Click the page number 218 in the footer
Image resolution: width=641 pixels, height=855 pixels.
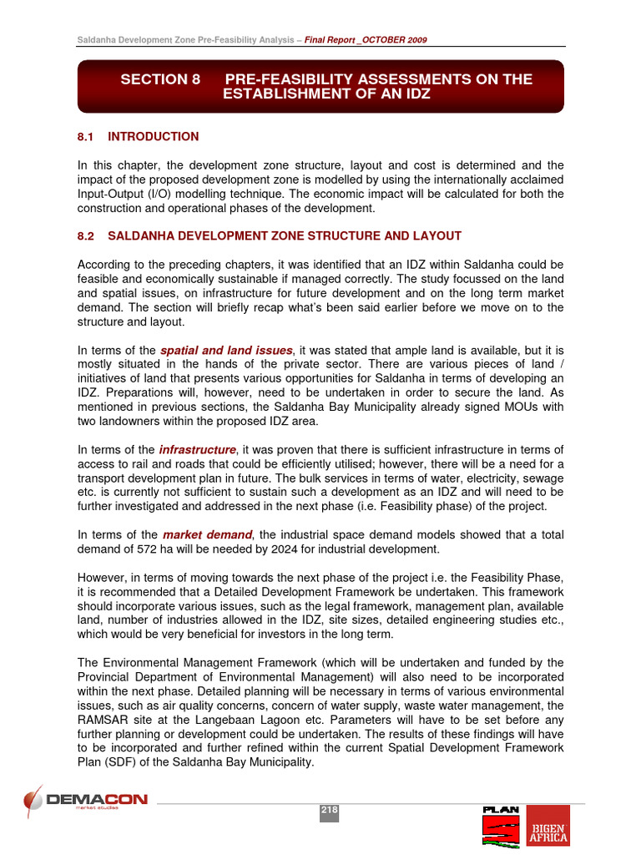point(329,810)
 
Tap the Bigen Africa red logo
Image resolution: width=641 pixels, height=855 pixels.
point(548,825)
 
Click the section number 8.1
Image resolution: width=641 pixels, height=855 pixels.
point(87,136)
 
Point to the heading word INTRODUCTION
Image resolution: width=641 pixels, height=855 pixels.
point(154,136)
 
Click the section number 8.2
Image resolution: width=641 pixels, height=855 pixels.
point(87,236)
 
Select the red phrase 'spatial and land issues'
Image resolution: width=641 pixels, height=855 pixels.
point(227,350)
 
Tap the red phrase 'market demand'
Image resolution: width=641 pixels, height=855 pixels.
point(207,534)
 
